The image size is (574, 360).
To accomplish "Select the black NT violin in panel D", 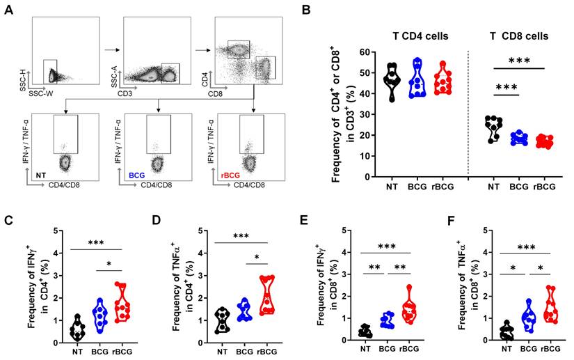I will (x=222, y=320).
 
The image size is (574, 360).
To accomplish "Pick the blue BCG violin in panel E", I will (x=387, y=320).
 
